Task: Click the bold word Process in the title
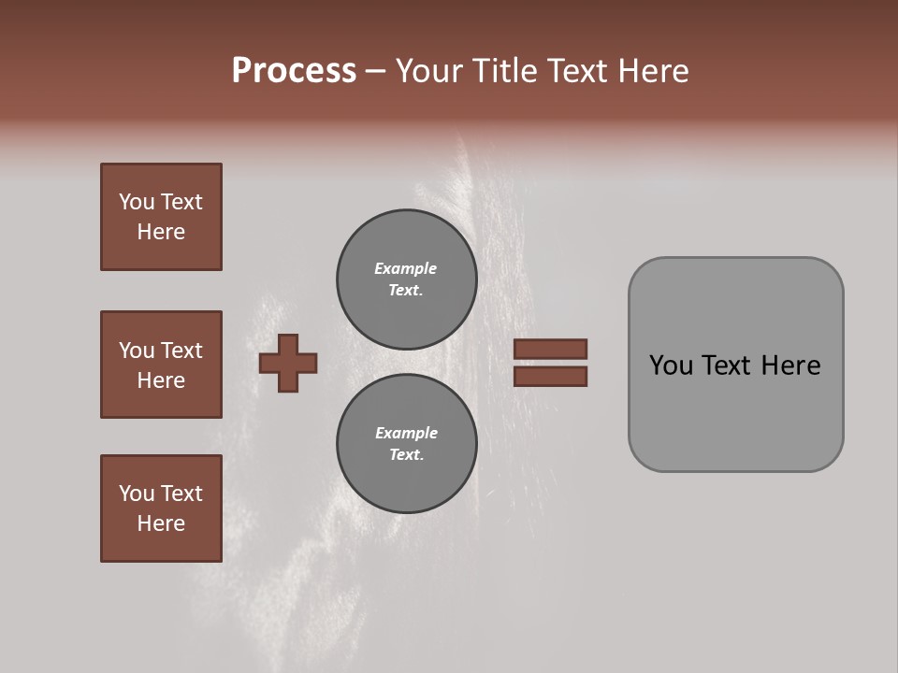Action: click(294, 71)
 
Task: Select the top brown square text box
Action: click(161, 217)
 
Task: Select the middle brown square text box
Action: click(161, 365)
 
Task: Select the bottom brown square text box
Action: click(161, 508)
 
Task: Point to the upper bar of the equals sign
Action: click(550, 349)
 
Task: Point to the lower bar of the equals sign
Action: click(550, 377)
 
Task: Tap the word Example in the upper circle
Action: click(405, 268)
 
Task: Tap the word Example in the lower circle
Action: click(406, 433)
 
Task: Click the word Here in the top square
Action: click(161, 232)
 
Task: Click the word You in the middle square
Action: click(137, 351)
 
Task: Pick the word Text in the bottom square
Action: click(181, 494)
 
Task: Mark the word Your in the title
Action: click(427, 71)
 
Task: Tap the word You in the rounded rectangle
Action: click(671, 365)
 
